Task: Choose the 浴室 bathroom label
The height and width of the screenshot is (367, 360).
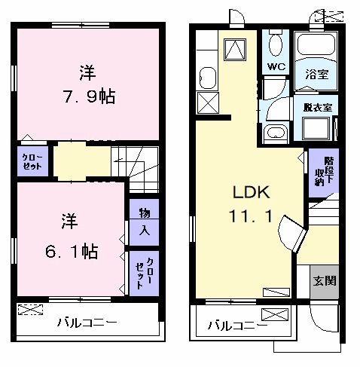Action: [317, 74]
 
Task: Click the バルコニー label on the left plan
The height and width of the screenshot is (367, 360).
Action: [87, 322]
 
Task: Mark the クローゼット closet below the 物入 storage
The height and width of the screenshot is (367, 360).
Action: [145, 272]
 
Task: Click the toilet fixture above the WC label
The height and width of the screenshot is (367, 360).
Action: [276, 44]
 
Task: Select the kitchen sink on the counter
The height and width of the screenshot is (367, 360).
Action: [207, 76]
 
